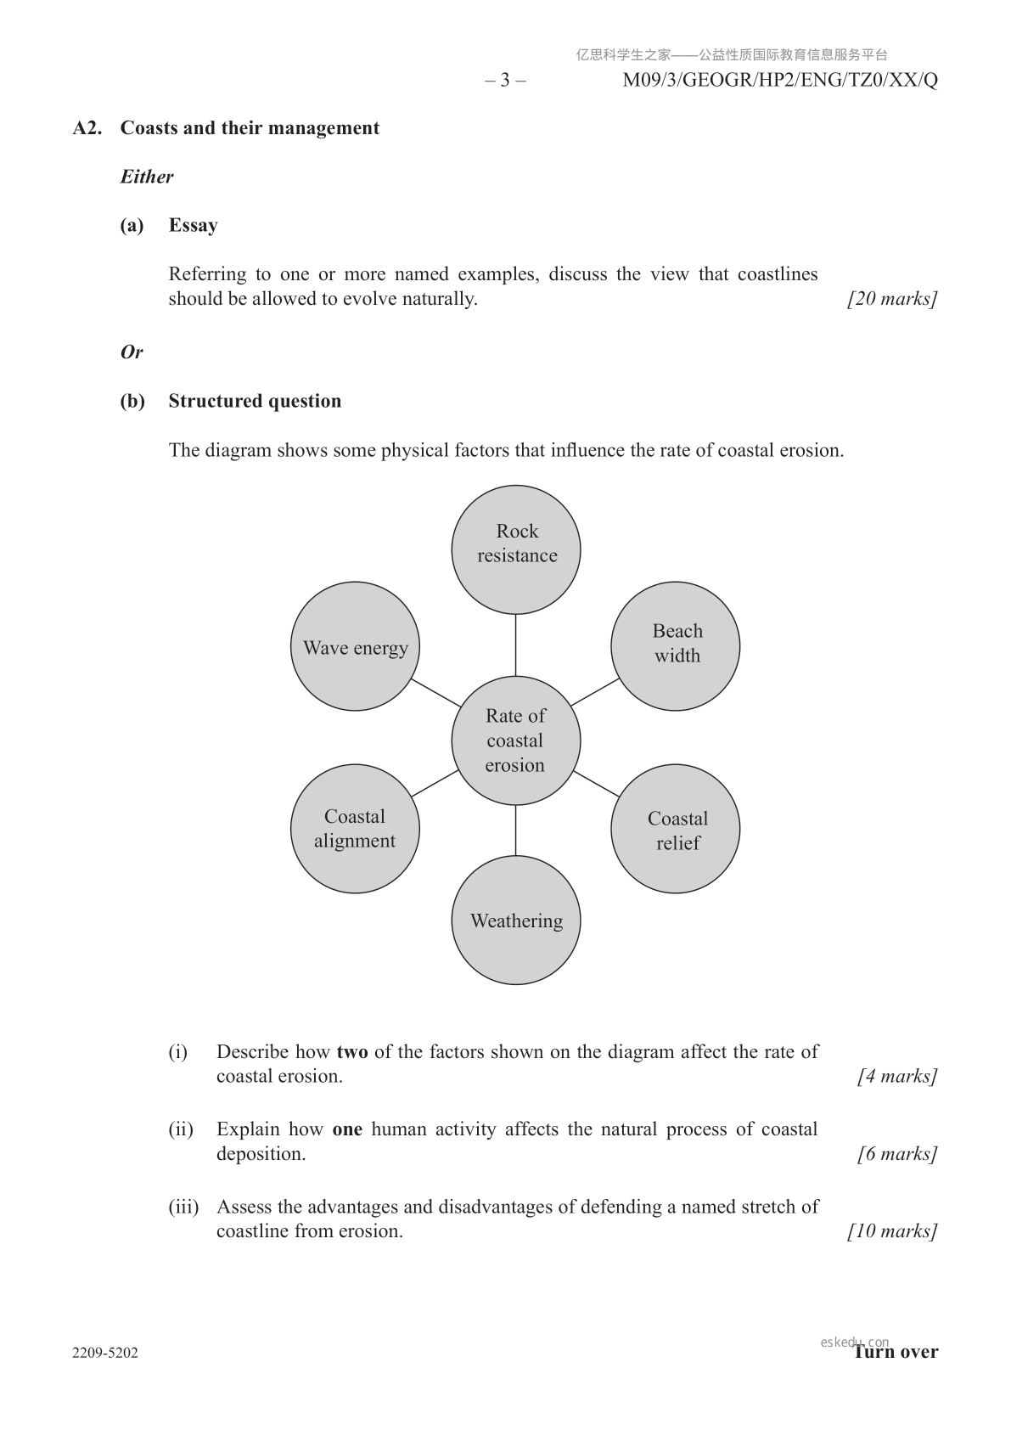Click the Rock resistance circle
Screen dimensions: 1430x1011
516,549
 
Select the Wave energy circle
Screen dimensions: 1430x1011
355,646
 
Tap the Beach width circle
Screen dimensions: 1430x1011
676,646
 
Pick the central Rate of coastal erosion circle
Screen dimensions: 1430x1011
516,740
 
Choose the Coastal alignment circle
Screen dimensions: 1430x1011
355,829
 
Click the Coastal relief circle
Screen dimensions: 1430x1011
676,829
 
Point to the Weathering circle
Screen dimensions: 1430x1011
516,920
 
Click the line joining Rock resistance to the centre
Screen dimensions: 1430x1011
516,645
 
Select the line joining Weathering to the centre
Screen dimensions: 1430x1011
516,830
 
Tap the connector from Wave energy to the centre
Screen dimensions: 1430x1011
435,693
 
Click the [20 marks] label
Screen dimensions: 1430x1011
892,299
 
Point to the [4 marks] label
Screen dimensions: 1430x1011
897,1077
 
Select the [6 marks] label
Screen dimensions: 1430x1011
897,1154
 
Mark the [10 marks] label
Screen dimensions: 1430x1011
892,1231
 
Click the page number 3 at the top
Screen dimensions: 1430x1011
505,81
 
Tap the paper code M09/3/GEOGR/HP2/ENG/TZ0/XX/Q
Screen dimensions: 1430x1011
780,81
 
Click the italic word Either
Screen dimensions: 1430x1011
147,177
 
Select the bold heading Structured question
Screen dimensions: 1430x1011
255,401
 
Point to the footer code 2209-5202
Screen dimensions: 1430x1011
105,1353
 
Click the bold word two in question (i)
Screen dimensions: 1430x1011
352,1052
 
